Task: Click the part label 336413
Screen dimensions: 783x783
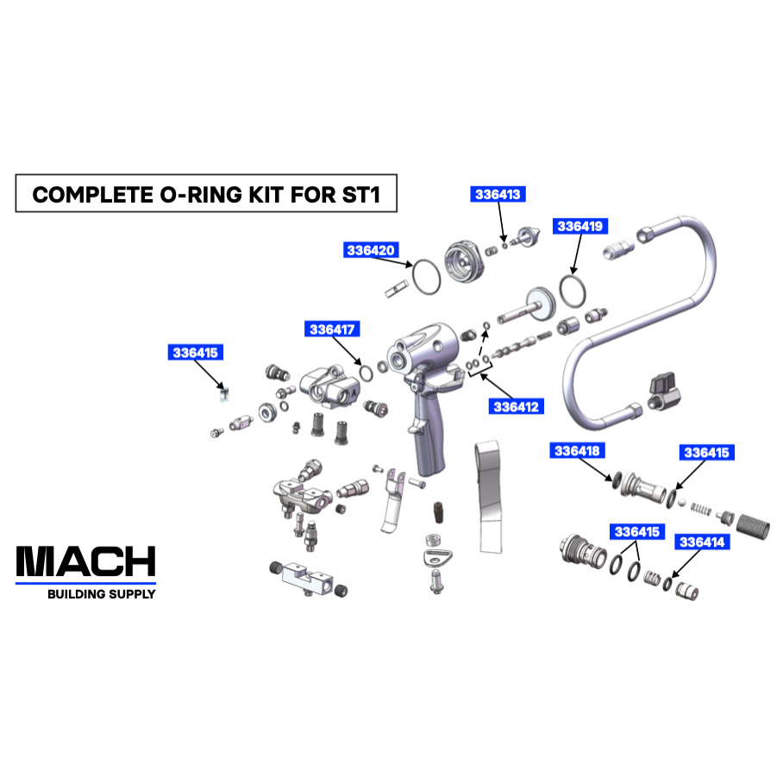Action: click(498, 195)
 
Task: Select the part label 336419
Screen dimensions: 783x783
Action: click(581, 227)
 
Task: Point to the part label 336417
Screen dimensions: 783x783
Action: click(333, 329)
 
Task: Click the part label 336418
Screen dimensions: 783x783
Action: click(577, 451)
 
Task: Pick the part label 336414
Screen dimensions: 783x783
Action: click(703, 542)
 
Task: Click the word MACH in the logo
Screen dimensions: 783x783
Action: click(86, 562)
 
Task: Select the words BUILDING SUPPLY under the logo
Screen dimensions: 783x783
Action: click(101, 594)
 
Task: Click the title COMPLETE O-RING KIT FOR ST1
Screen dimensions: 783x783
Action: click(206, 194)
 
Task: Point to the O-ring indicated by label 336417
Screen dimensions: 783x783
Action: click(366, 373)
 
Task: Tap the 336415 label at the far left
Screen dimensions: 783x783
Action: click(195, 353)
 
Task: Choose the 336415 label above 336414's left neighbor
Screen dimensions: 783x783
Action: click(636, 531)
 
